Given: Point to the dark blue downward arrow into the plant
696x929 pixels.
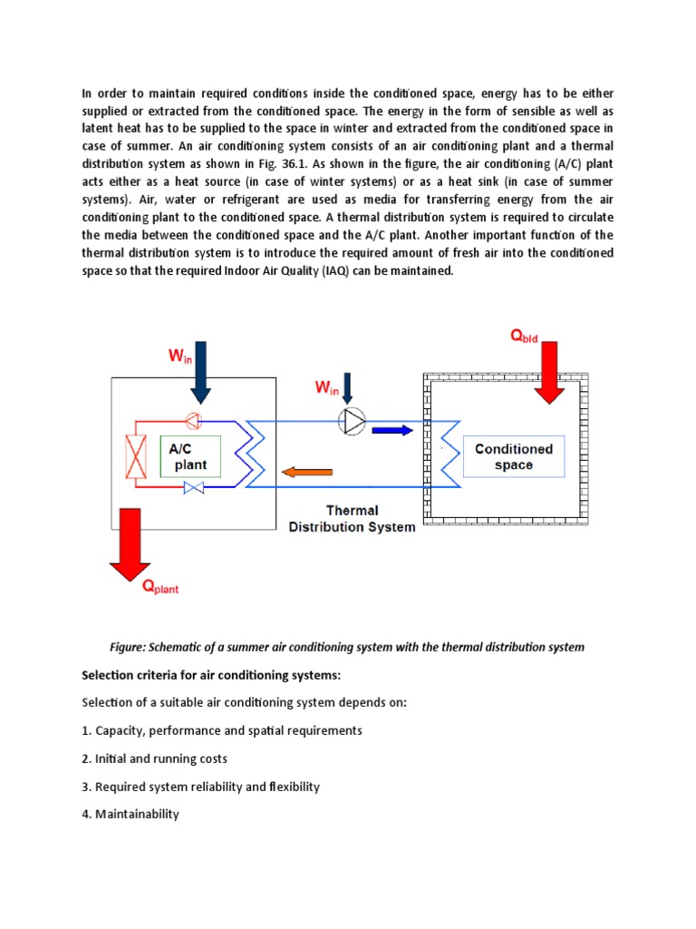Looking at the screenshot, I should pos(200,372).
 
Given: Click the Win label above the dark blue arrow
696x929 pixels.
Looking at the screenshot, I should pos(180,357).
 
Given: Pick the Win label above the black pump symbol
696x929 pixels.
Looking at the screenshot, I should pos(326,388).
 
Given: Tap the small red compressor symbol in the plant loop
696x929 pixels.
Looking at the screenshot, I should pos(193,420).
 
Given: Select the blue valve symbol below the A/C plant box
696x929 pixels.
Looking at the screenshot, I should pos(193,488).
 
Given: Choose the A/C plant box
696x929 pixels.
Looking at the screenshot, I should pos(189,456).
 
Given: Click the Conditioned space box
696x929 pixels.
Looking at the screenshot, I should pos(514,456).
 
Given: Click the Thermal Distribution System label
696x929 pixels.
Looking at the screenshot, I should pos(352,518).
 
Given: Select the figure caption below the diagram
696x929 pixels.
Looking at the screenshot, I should pos(347,647).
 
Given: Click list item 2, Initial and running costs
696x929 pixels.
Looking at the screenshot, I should pos(154,758).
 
